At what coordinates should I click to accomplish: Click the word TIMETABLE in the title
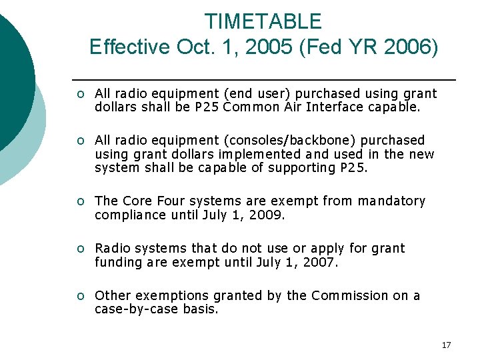(x=263, y=21)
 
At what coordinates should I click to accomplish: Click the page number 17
(x=446, y=345)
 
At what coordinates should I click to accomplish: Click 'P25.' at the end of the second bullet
(x=354, y=167)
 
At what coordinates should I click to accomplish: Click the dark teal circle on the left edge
(x=12, y=73)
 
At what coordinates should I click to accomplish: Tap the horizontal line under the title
(x=264, y=80)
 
